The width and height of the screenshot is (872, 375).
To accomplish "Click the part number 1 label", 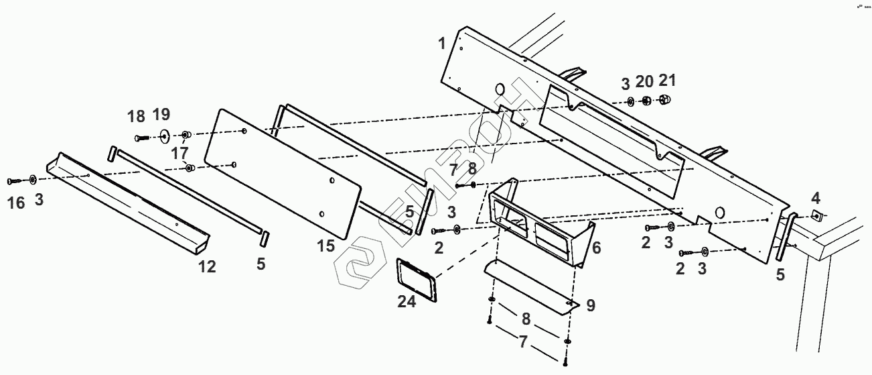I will (442, 44).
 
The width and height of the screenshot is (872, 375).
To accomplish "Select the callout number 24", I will (407, 302).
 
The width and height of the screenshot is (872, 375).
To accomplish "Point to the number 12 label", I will (207, 267).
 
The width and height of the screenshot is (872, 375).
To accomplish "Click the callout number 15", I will (326, 246).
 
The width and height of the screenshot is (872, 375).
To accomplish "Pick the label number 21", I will (667, 82).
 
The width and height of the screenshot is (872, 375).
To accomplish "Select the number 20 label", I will (644, 82).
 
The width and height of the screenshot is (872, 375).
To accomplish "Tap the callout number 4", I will (815, 198).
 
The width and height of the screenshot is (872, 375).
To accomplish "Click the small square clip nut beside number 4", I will (816, 215).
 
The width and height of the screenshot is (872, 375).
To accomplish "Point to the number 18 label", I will (136, 117).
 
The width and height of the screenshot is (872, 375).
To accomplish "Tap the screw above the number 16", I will (15, 180).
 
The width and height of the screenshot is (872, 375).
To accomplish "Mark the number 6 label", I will (596, 248).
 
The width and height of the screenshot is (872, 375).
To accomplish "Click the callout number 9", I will (590, 305).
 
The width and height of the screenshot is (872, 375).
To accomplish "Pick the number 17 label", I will (179, 154).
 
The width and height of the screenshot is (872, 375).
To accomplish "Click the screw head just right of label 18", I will (140, 138).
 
